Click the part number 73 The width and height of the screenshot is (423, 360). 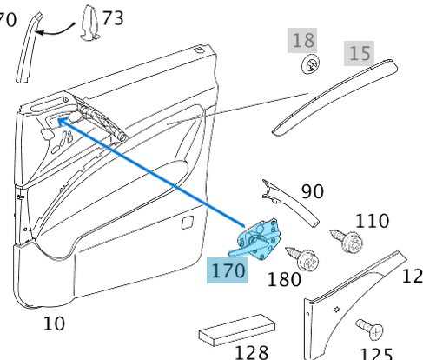tap(113, 17)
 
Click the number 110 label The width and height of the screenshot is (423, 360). tap(372, 222)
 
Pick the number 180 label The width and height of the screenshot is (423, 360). tap(284, 279)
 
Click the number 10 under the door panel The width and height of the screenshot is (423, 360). tap(54, 323)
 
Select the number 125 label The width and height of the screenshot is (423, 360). tap(375, 353)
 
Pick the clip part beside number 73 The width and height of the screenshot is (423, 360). tap(90, 22)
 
